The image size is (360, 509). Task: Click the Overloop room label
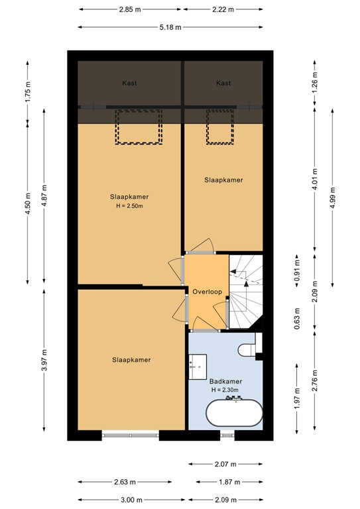click(x=207, y=292)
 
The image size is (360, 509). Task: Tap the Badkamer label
click(x=225, y=381)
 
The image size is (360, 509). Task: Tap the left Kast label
click(x=129, y=83)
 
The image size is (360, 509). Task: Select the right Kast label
click(x=223, y=83)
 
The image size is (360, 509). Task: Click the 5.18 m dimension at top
click(x=170, y=27)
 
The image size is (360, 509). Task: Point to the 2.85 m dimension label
click(x=131, y=10)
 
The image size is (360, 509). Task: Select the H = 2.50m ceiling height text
click(x=129, y=206)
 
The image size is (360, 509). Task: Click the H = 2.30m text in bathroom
click(x=225, y=390)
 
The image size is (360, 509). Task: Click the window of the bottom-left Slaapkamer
click(x=131, y=435)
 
